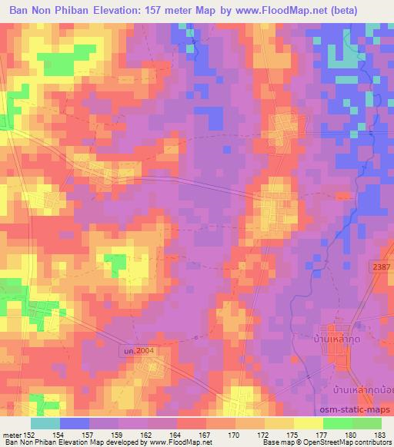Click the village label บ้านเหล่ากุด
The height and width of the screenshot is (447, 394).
(x=334, y=338)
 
